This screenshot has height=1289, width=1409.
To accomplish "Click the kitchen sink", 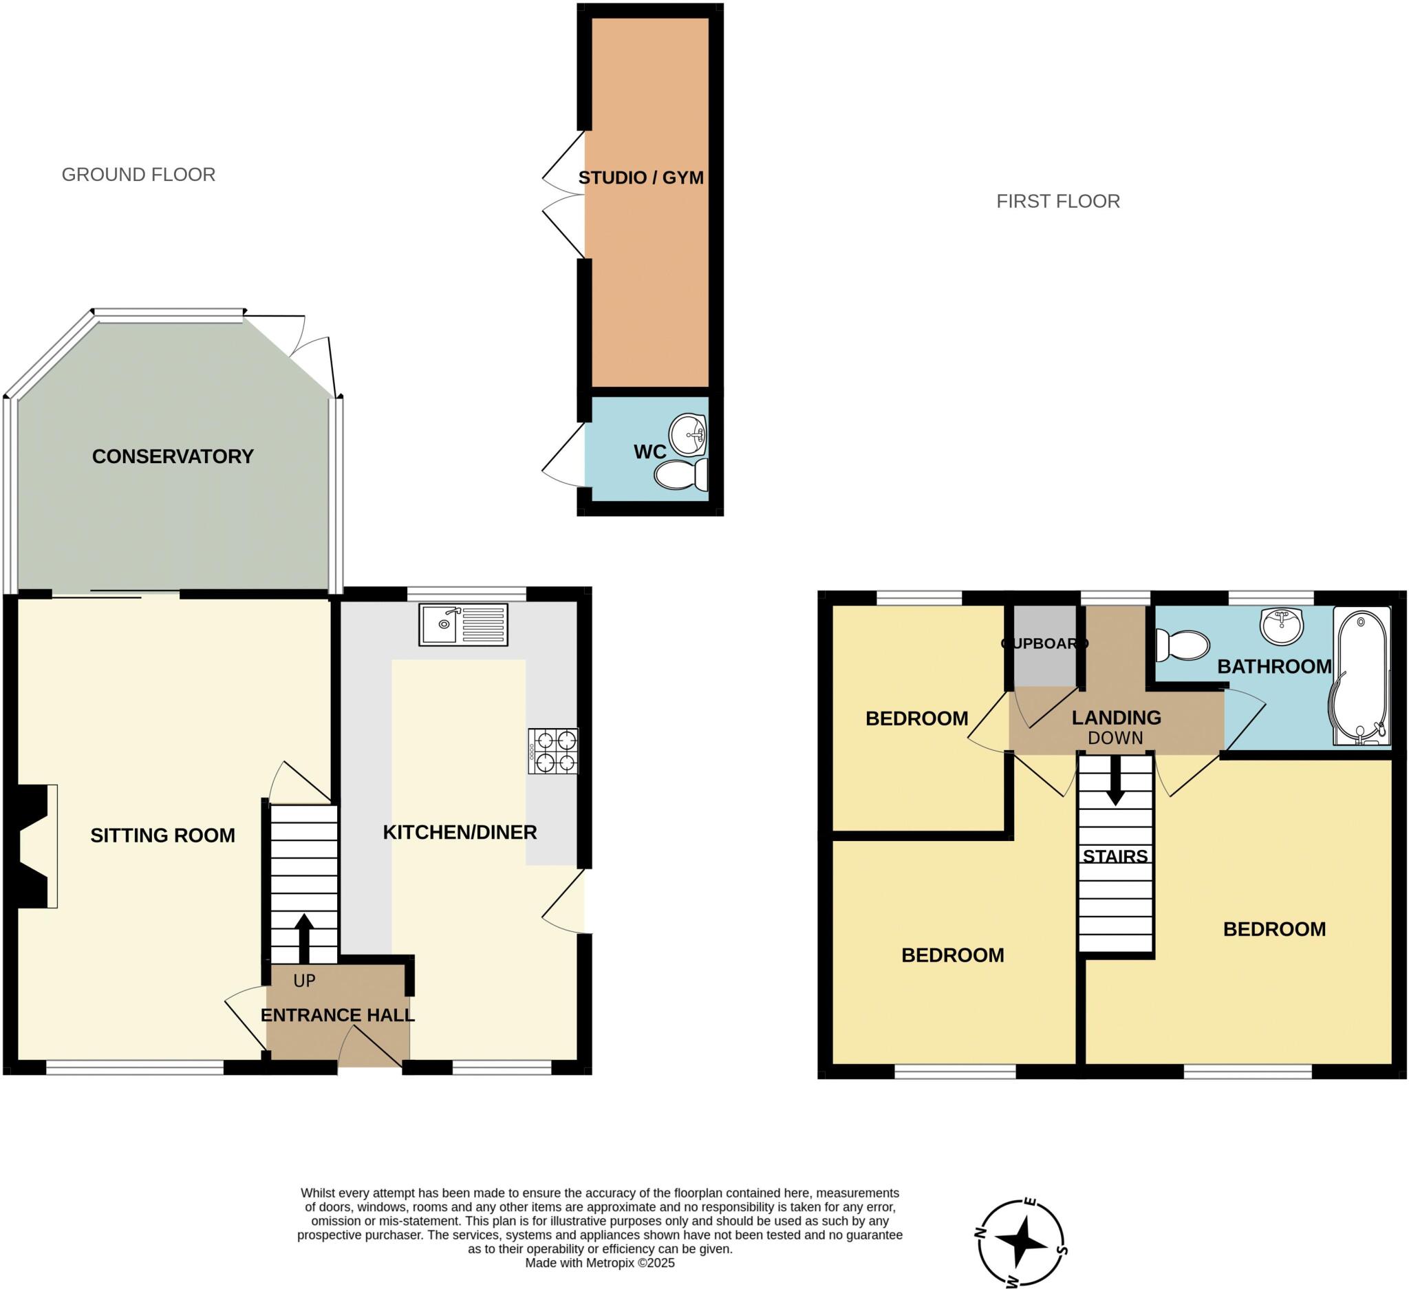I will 464,624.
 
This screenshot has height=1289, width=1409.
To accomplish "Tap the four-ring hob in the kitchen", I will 553,752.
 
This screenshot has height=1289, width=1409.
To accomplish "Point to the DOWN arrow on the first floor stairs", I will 1115,780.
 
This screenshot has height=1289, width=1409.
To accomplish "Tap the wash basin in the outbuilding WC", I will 689,435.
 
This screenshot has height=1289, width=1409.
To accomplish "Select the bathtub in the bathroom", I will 1362,676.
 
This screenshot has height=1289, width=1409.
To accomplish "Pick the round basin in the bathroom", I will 1282,625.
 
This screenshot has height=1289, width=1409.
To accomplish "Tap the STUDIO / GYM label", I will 641,178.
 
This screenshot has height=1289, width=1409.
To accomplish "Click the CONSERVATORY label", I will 173,456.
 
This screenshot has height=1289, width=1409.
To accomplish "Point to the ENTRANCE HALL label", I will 338,1015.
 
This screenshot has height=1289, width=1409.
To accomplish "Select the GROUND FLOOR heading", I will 138,175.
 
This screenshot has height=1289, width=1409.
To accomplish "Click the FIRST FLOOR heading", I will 1057,202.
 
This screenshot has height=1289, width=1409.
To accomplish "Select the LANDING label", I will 1116,717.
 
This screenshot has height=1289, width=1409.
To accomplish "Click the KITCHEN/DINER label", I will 460,833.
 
